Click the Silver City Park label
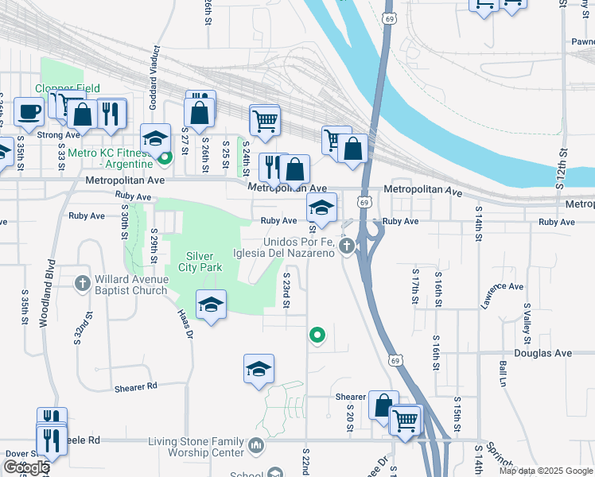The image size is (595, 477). click(x=204, y=262)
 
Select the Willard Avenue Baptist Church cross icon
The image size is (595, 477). click(x=83, y=283)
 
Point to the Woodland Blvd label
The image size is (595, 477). click(x=52, y=285)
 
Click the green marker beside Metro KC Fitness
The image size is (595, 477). click(x=165, y=157)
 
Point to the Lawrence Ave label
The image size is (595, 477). click(x=502, y=296)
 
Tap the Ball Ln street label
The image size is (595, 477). click(x=503, y=375)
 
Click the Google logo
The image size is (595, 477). click(x=25, y=467)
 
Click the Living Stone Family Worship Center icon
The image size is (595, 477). click(x=255, y=444)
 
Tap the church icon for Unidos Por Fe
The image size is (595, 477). click(x=346, y=247)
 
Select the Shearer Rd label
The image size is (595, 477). click(x=135, y=386)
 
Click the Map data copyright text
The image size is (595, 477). click(x=546, y=471)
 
